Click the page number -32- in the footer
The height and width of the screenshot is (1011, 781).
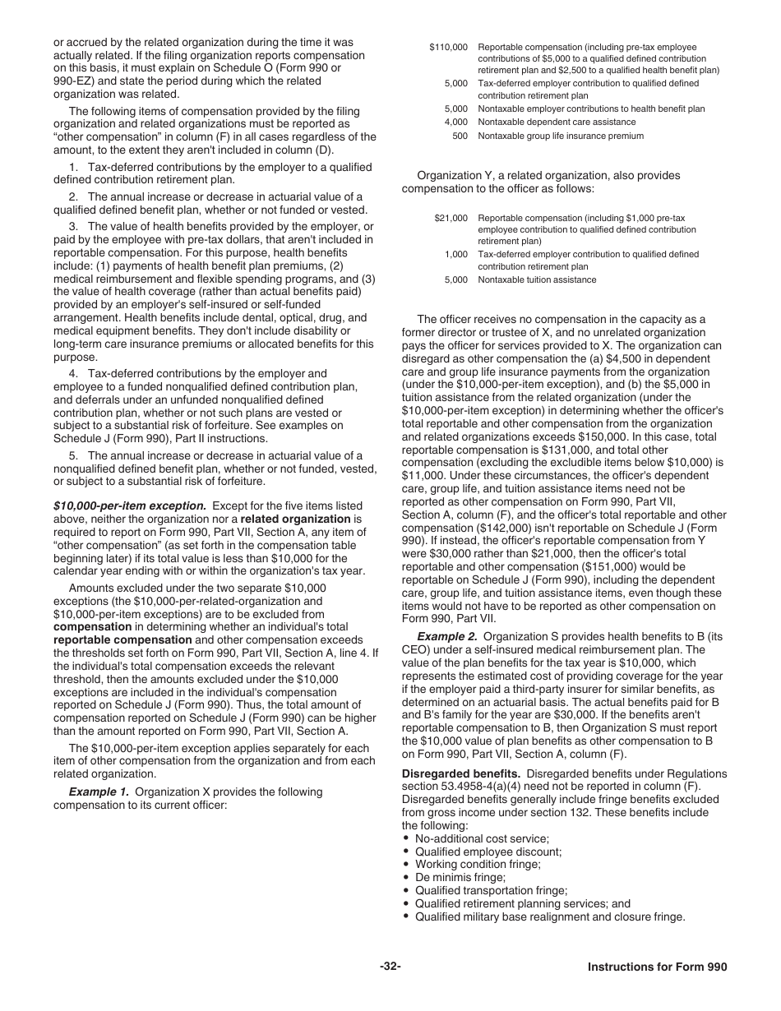(390, 967)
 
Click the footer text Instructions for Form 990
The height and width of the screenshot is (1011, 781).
(657, 967)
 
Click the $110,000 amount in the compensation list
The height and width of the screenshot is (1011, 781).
(449, 48)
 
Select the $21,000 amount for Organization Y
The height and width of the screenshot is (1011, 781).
(451, 219)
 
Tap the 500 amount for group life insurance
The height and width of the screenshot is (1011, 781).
(460, 136)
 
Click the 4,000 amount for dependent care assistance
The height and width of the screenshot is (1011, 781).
(455, 122)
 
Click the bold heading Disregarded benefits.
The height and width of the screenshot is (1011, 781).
(460, 773)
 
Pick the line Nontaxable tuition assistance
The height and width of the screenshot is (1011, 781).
(537, 279)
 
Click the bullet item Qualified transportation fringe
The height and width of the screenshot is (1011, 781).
(491, 890)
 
